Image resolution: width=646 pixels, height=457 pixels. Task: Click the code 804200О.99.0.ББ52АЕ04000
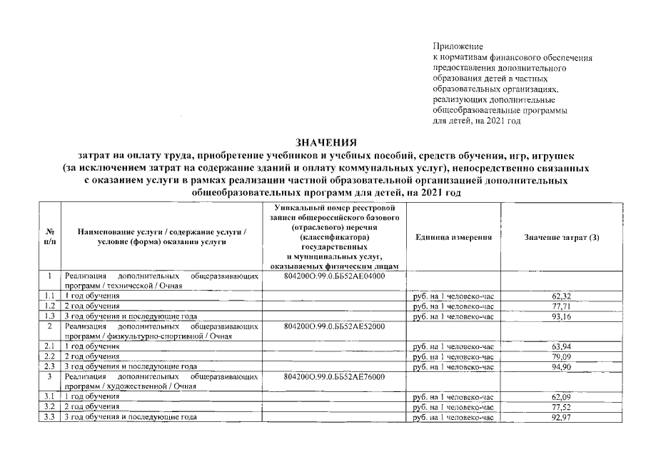334,276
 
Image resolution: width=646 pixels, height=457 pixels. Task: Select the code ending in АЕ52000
334,326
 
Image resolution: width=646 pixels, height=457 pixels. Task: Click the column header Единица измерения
453,237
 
